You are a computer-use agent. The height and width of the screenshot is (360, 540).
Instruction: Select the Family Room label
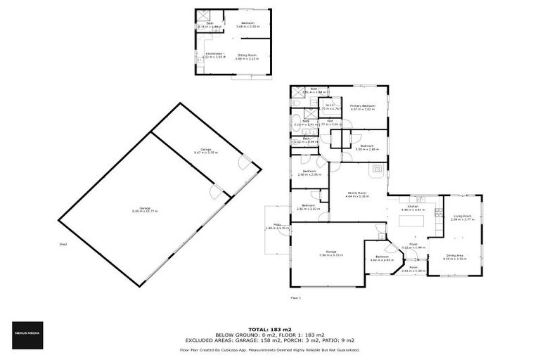[358, 193]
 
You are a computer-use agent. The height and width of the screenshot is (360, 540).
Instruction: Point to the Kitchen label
[414, 207]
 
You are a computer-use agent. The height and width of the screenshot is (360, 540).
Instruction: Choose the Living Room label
[462, 217]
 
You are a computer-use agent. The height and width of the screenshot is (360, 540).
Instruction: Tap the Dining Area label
[455, 257]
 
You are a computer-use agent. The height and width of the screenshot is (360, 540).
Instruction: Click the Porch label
[414, 269]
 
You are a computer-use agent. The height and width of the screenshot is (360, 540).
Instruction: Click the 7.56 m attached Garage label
[330, 252]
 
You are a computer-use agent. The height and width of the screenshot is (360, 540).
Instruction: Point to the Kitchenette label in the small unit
[214, 54]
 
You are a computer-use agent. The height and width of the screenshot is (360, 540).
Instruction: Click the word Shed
[63, 245]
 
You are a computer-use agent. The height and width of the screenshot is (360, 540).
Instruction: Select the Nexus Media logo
[26, 333]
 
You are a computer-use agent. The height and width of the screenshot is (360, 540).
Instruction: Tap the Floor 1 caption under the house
[295, 297]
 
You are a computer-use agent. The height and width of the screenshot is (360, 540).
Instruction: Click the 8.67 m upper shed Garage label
[206, 150]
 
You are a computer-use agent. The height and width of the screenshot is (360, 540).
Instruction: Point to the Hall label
[330, 122]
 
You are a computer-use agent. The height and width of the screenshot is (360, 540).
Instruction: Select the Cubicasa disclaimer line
[269, 349]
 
